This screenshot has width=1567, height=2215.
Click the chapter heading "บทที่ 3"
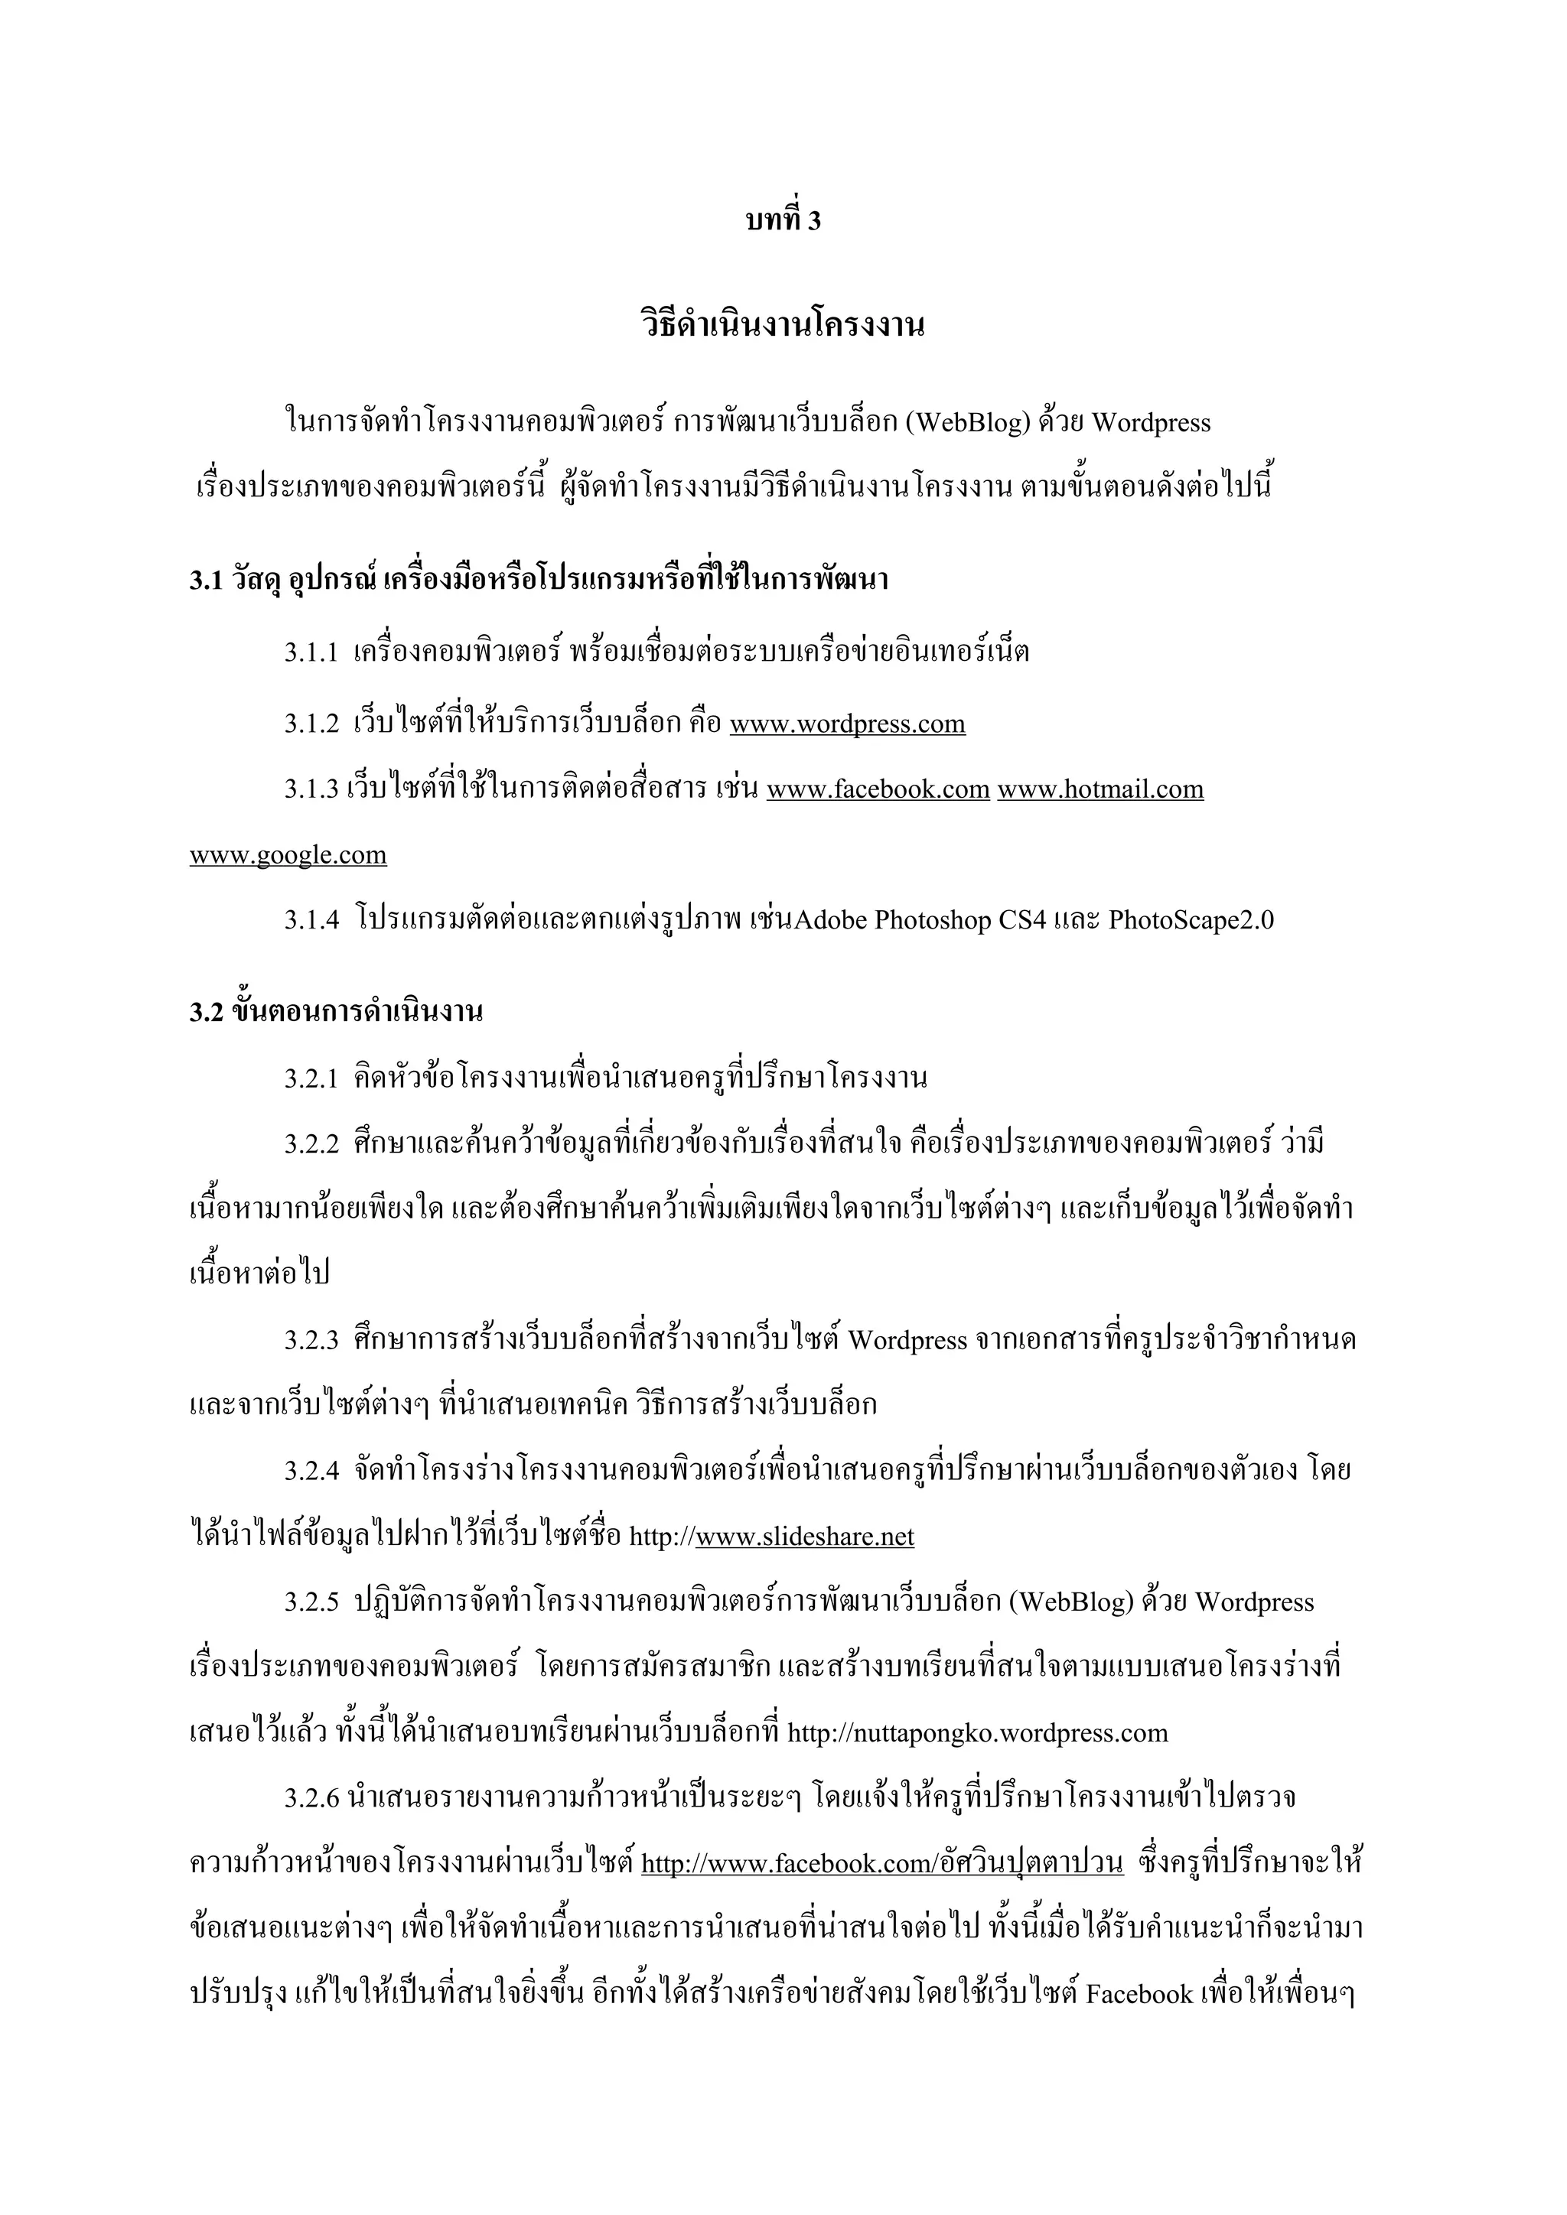tap(783, 221)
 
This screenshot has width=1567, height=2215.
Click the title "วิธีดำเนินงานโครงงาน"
tap(783, 324)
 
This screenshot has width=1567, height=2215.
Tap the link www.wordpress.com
tap(847, 724)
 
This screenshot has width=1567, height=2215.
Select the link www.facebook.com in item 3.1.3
tap(878, 789)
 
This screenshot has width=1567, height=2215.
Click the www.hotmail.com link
tap(1100, 789)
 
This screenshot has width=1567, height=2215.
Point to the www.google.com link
tap(288, 855)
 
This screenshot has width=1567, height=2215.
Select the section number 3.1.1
tap(311, 653)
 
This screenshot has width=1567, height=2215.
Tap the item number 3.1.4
tap(311, 920)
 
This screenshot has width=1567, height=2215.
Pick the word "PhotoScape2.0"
tap(1191, 920)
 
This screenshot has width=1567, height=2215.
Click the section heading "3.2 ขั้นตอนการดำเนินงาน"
tap(336, 1012)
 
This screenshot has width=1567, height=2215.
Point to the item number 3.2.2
tap(311, 1144)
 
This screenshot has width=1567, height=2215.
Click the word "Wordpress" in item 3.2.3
tap(907, 1341)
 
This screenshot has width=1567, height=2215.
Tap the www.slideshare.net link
tap(805, 1537)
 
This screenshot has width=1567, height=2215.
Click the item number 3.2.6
tap(311, 1798)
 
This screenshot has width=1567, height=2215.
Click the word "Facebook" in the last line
tap(1139, 1995)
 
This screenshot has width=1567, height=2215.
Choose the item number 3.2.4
tap(311, 1472)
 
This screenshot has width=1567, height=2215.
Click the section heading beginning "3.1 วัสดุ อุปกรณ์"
tap(539, 580)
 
